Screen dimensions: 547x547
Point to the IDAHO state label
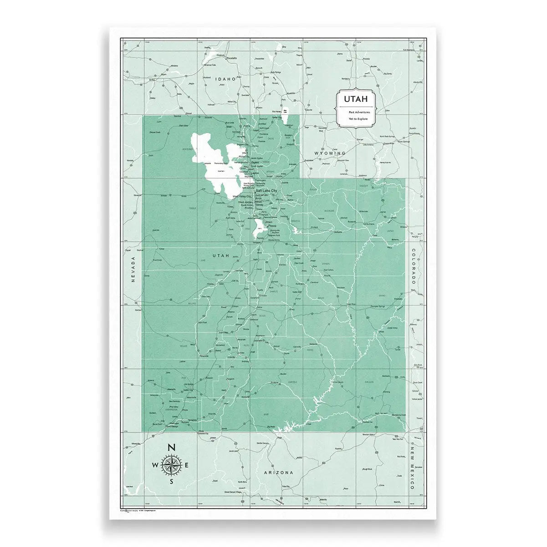pos(226,79)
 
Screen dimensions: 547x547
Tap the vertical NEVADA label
pos(133,270)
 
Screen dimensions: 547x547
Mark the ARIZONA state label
pos(278,473)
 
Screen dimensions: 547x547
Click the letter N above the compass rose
pos(172,448)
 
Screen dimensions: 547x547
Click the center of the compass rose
pos(172,465)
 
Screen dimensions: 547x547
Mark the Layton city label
pos(255,173)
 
